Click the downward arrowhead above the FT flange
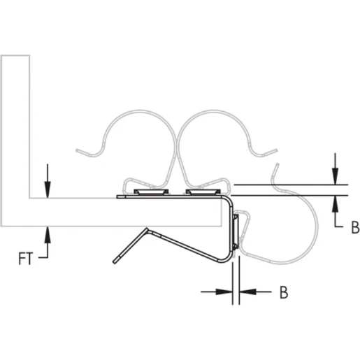(47, 190)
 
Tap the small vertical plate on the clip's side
(236, 231)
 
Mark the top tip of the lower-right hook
(279, 166)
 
